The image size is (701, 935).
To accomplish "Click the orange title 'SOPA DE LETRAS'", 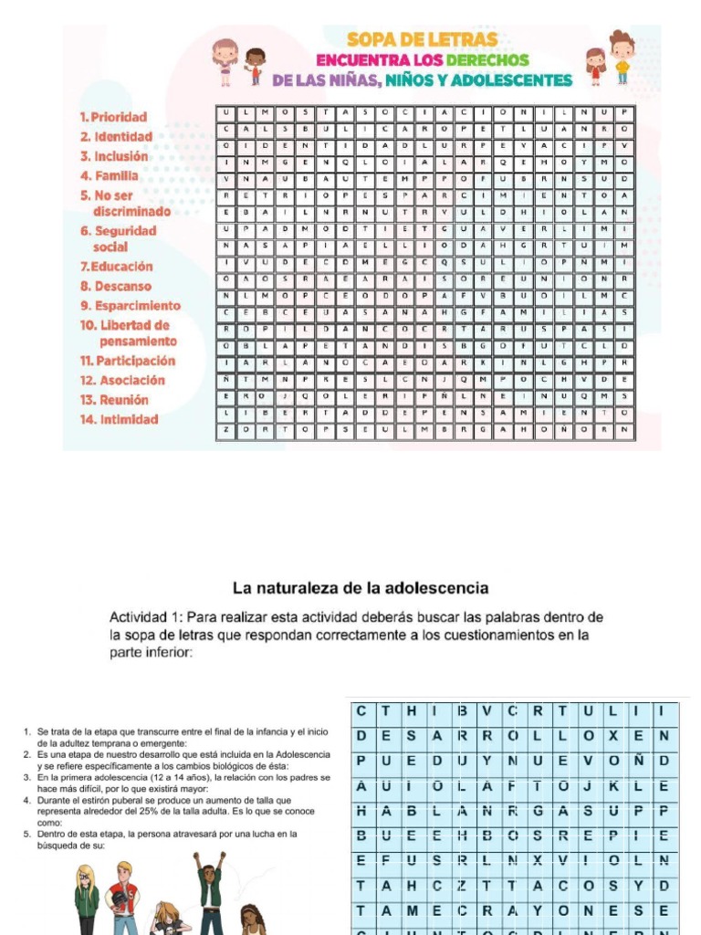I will [422, 39].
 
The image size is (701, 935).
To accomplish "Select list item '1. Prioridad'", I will [113, 117].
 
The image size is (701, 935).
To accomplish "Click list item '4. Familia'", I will [110, 175].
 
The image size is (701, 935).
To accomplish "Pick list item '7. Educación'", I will [116, 267].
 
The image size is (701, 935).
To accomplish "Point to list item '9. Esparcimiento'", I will [131, 306].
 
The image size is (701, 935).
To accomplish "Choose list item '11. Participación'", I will [127, 361].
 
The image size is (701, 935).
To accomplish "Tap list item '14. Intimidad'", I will [119, 420].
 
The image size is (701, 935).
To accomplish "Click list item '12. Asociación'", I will [122, 381].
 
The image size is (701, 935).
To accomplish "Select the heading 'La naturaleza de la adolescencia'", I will [361, 588].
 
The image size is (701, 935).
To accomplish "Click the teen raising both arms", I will [209, 890].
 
